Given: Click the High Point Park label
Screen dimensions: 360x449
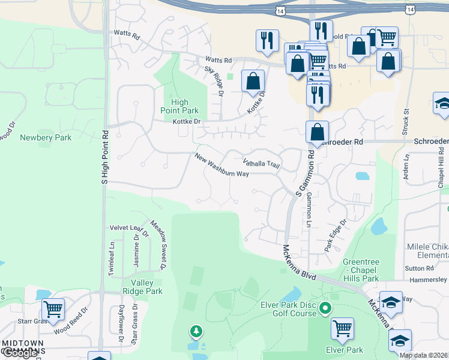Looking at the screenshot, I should pos(179,106).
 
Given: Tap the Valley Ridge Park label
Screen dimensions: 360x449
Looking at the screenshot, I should pos(143,287).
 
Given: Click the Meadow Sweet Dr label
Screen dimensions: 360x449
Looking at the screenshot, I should pos(158,244).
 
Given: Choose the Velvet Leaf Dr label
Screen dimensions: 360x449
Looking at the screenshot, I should pos(128,228).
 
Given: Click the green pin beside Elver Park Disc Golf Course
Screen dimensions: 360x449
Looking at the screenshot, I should pos(325,309).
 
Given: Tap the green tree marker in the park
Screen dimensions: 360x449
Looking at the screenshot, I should pos(195,331).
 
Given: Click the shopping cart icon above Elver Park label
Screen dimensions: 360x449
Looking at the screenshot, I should pos(342,329).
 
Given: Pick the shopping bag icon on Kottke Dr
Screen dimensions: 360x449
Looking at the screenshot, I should pos(253,81).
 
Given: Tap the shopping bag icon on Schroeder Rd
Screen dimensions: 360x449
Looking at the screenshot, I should pos(316,132).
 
